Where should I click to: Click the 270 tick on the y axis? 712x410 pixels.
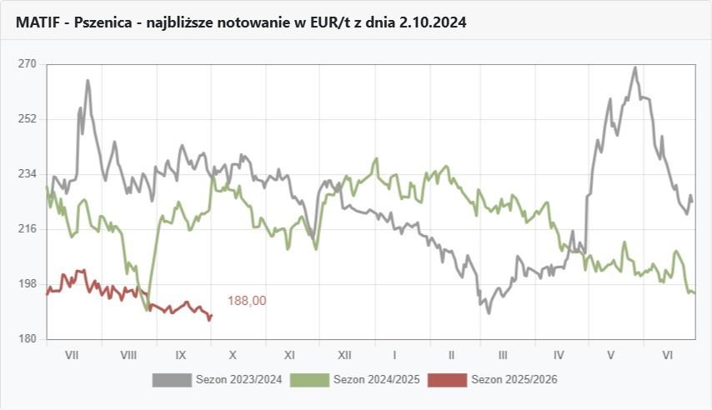(x=28, y=64)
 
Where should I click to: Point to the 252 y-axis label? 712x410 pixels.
(x=28, y=119)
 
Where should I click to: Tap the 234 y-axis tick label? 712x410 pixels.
(x=28, y=174)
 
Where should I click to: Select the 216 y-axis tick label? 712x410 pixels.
(x=28, y=229)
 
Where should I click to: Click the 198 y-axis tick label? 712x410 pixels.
(x=28, y=284)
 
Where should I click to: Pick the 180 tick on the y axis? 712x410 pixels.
(x=28, y=339)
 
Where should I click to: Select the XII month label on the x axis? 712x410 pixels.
(x=343, y=355)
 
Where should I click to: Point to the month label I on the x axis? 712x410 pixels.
(x=394, y=355)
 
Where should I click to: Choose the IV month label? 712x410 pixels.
(x=559, y=355)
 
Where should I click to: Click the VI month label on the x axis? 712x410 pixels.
(x=668, y=355)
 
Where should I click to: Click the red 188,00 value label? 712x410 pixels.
(x=247, y=301)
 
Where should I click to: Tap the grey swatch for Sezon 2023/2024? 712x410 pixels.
(x=172, y=380)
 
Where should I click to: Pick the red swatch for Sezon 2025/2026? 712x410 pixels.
(x=447, y=380)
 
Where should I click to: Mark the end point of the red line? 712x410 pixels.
(x=212, y=315)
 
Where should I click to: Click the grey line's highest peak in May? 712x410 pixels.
(x=635, y=68)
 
